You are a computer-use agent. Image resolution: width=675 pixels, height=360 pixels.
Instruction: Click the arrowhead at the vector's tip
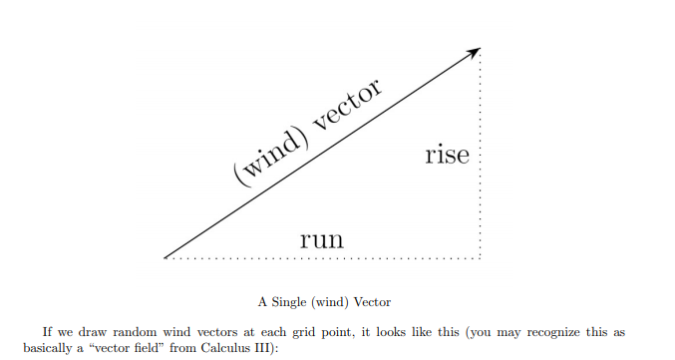pos(477,50)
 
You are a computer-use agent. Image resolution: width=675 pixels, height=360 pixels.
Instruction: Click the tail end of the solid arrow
pos(166,256)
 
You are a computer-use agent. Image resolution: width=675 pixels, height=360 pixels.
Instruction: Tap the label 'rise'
pos(446,156)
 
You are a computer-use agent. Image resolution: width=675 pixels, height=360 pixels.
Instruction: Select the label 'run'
pos(322,238)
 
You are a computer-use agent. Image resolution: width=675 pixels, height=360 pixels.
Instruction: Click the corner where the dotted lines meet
pos(482,258)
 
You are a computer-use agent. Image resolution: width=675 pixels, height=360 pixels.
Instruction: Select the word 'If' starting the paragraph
pos(48,332)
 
